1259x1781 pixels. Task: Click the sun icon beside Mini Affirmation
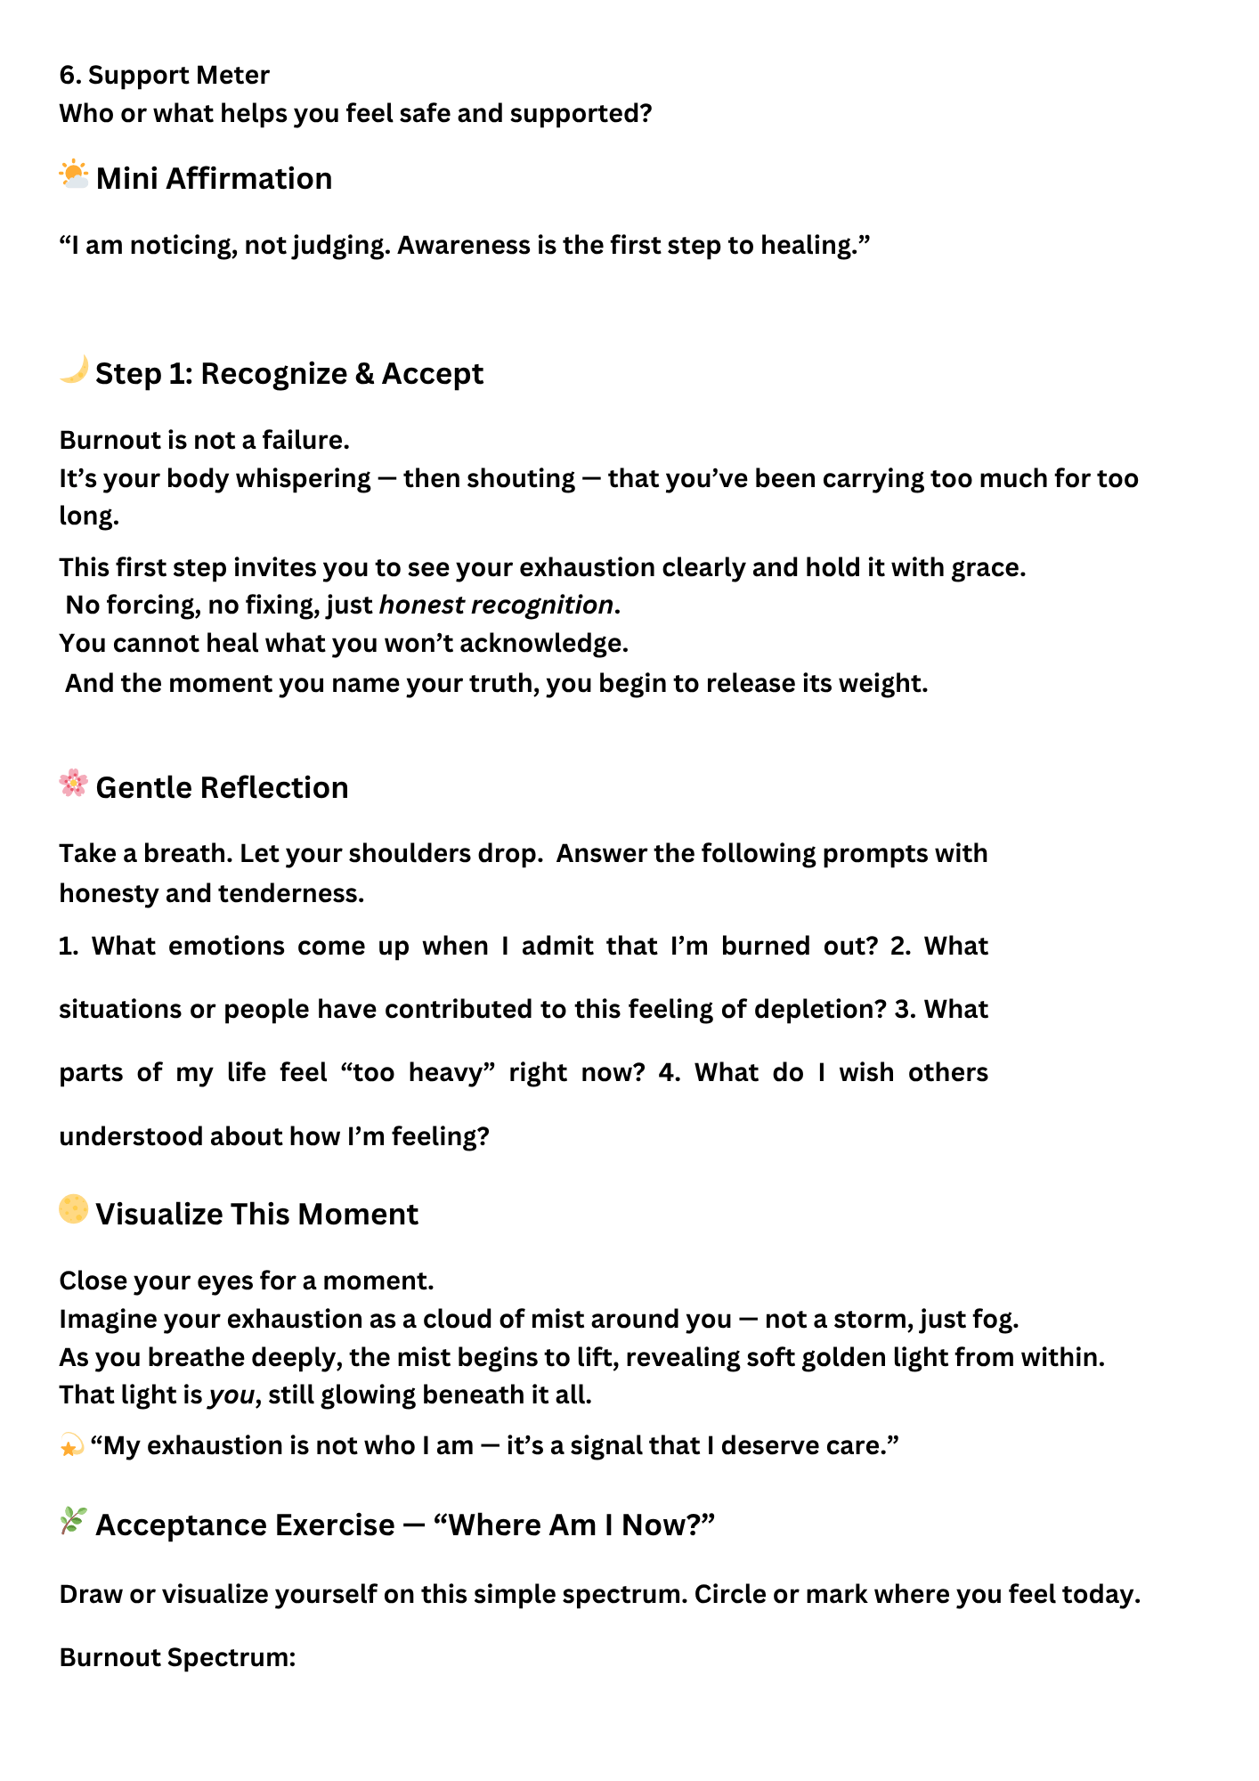[x=74, y=175]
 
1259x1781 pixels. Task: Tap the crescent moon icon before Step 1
[x=74, y=370]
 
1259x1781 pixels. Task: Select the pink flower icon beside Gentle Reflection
[x=74, y=784]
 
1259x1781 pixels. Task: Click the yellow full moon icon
[x=74, y=1209]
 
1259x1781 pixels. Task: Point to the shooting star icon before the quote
[x=71, y=1446]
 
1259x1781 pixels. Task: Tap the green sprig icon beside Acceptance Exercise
[x=74, y=1521]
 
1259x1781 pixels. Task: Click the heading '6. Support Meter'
[x=165, y=75]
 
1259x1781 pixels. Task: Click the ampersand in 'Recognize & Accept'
[x=364, y=374]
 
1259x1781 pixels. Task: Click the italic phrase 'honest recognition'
[x=496, y=606]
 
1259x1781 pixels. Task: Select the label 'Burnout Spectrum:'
[x=177, y=1657]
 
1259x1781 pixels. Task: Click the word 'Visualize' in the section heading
[x=159, y=1215]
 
